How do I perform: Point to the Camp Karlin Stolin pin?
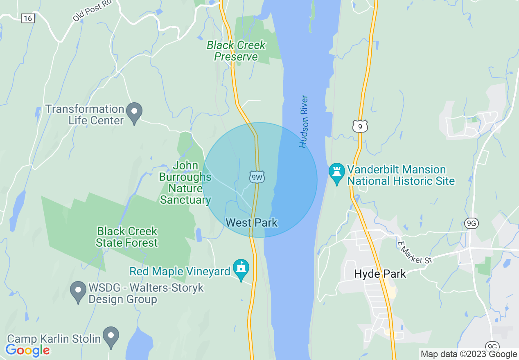pyautogui.click(x=111, y=337)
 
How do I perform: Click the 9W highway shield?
pyautogui.click(x=257, y=177)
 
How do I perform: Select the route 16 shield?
pyautogui.click(x=28, y=18)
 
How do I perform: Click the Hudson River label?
pyautogui.click(x=303, y=122)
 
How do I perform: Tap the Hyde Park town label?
pyautogui.click(x=380, y=274)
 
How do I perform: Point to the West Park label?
pyautogui.click(x=252, y=223)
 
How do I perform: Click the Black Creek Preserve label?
pyautogui.click(x=236, y=51)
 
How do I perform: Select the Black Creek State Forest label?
pyautogui.click(x=126, y=237)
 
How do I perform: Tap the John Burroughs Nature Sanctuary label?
pyautogui.click(x=185, y=183)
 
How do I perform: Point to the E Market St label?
pyautogui.click(x=415, y=252)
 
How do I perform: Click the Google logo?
pyautogui.click(x=28, y=350)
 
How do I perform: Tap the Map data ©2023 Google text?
pyautogui.click(x=469, y=354)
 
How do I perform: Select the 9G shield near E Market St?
pyautogui.click(x=472, y=223)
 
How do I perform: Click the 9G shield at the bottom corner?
pyautogui.click(x=492, y=345)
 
